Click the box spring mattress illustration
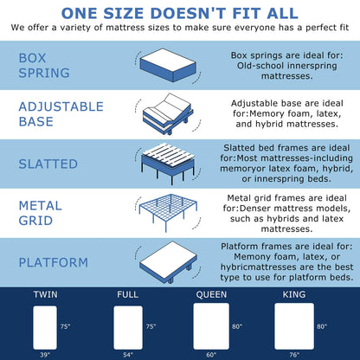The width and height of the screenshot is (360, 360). [x=170, y=66]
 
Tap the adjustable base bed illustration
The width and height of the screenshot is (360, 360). [x=170, y=114]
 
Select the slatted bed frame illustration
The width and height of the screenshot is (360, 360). [x=170, y=164]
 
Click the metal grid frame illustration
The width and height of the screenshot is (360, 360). [x=170, y=212]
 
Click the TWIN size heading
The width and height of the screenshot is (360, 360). [x=47, y=295]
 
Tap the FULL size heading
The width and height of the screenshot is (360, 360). [x=127, y=295]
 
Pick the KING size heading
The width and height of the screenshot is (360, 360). [x=293, y=295]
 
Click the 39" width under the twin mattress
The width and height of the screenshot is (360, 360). [x=45, y=355]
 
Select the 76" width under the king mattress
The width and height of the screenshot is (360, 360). [x=293, y=355]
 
